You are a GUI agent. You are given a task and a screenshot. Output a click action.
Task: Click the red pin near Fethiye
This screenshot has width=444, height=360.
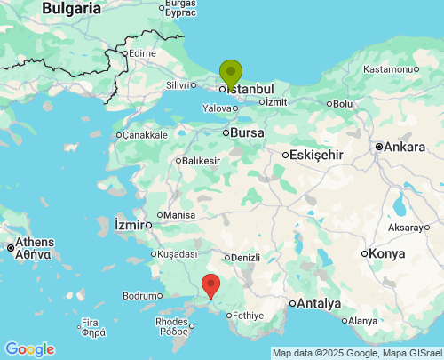(x=211, y=285)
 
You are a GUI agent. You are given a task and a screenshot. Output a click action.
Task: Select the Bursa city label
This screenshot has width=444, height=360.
(x=248, y=133)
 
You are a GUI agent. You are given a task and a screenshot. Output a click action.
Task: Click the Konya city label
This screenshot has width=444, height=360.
(x=386, y=253)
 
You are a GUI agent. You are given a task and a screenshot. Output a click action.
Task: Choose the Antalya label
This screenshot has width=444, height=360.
(x=318, y=303)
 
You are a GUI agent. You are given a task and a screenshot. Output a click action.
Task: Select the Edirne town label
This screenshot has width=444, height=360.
(x=142, y=53)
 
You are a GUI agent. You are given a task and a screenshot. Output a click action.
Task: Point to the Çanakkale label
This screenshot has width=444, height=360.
(x=146, y=135)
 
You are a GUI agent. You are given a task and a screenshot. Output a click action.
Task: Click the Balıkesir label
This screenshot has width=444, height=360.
(x=201, y=161)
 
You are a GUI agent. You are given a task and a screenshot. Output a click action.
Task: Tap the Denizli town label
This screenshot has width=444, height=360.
(x=244, y=258)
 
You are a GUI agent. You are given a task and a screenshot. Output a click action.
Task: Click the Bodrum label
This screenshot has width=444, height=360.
(x=139, y=295)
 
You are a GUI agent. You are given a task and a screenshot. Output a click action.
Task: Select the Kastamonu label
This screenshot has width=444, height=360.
(x=390, y=68)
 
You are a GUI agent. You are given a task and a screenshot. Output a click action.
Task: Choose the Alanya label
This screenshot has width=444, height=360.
(x=362, y=321)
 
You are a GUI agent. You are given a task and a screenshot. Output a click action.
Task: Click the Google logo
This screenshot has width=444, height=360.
(x=29, y=349)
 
